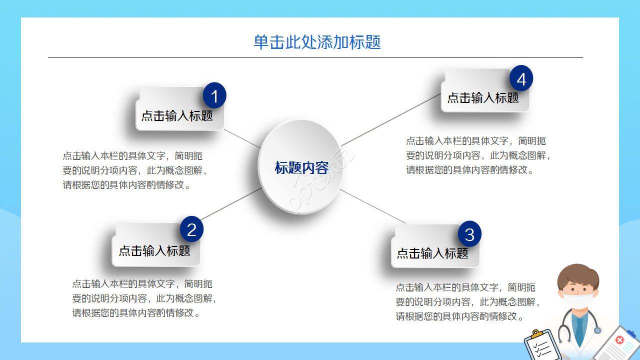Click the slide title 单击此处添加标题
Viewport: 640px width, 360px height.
click(x=317, y=42)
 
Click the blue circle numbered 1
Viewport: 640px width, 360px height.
click(x=214, y=95)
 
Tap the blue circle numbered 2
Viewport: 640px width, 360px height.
click(x=191, y=229)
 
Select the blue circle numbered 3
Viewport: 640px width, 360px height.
click(x=469, y=233)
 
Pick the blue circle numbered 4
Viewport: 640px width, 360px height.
click(x=521, y=79)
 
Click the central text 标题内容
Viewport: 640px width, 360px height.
click(x=301, y=167)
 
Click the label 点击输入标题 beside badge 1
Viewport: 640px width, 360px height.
click(x=177, y=116)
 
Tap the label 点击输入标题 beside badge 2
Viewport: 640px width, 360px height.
click(x=154, y=250)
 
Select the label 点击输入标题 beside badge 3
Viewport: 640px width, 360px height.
click(x=432, y=253)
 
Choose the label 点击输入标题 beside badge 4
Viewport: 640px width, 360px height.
click(x=483, y=98)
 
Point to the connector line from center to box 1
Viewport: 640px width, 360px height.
click(x=242, y=138)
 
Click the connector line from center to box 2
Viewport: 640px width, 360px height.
click(x=230, y=204)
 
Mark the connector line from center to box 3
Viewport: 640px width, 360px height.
click(x=372, y=206)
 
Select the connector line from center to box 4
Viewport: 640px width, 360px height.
click(x=390, y=120)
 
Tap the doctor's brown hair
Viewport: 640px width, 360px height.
click(x=577, y=273)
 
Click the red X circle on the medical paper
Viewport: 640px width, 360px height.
click(x=620, y=340)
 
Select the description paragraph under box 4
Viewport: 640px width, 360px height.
click(x=479, y=155)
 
